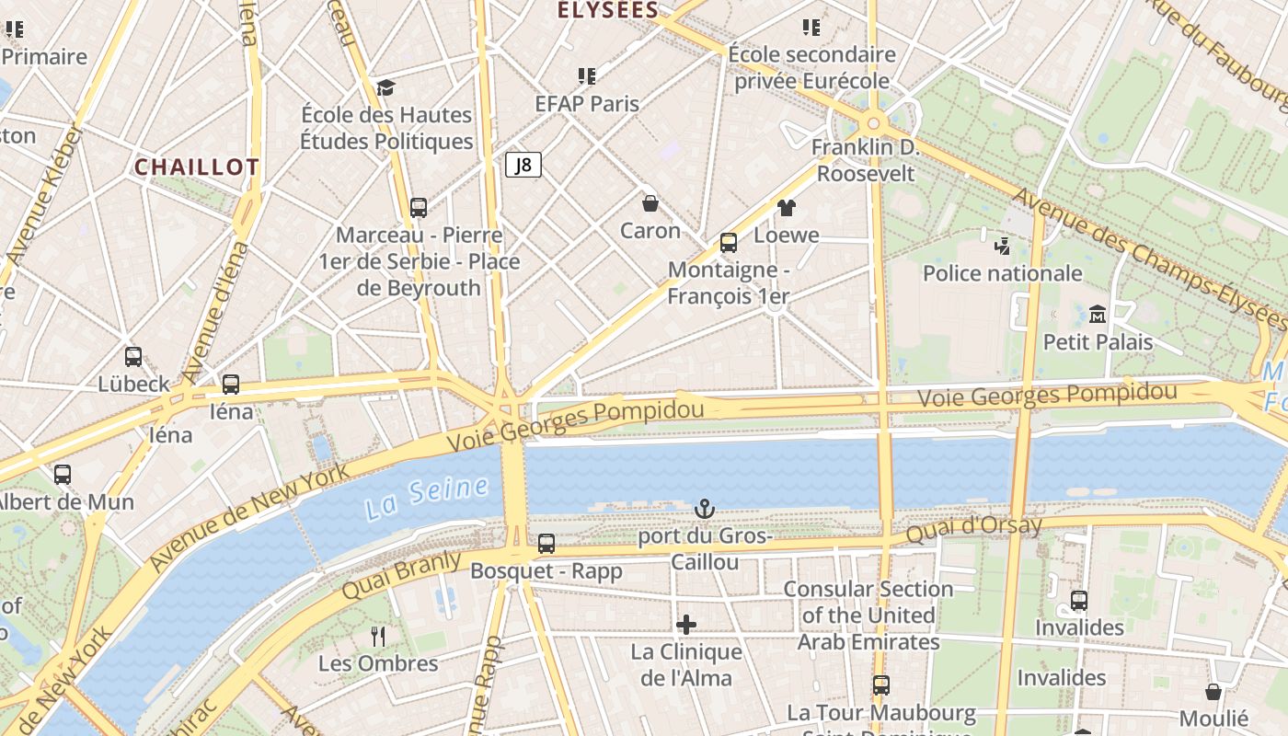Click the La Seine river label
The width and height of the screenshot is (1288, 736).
pos(427,497)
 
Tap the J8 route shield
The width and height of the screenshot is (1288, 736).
pos(523,165)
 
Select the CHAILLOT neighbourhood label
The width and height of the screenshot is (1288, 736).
pos(197,167)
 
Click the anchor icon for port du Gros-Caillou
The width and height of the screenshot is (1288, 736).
pos(704,509)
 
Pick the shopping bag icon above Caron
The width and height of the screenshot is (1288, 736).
pos(650,203)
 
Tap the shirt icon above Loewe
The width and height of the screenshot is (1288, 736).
pos(786,208)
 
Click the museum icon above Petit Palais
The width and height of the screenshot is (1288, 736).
pos(1097,315)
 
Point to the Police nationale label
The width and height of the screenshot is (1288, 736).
pos(1002,273)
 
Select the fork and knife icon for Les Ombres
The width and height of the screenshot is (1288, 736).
pos(377,636)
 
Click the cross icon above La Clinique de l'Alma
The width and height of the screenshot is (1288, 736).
pos(685,625)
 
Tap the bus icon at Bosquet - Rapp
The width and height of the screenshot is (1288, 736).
pos(546,544)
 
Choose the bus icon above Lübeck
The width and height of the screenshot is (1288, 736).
pos(133,357)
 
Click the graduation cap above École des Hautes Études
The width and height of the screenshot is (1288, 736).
pos(385,87)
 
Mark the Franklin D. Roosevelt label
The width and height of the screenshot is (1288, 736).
pos(865,160)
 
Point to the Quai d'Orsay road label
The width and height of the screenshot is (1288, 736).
pos(973,528)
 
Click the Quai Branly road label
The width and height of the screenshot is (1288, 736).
pos(401,576)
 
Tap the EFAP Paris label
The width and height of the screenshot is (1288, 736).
pos(587,104)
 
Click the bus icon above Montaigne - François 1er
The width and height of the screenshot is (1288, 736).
pos(729,243)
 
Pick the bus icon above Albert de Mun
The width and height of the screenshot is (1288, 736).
pos(63,475)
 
